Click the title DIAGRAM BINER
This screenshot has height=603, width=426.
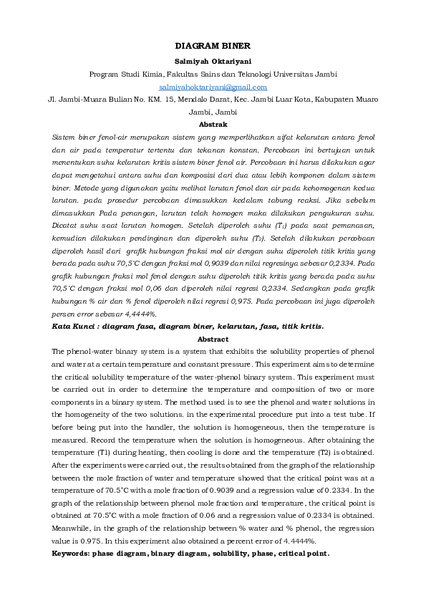(x=213, y=45)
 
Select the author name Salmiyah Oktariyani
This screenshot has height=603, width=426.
(x=213, y=61)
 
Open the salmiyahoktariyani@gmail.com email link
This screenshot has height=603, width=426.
(x=213, y=86)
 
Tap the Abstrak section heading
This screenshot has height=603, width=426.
(x=213, y=124)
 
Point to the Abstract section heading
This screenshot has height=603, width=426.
(x=213, y=339)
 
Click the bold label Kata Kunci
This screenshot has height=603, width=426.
(x=74, y=326)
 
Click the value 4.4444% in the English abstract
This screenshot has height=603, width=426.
(x=299, y=541)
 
